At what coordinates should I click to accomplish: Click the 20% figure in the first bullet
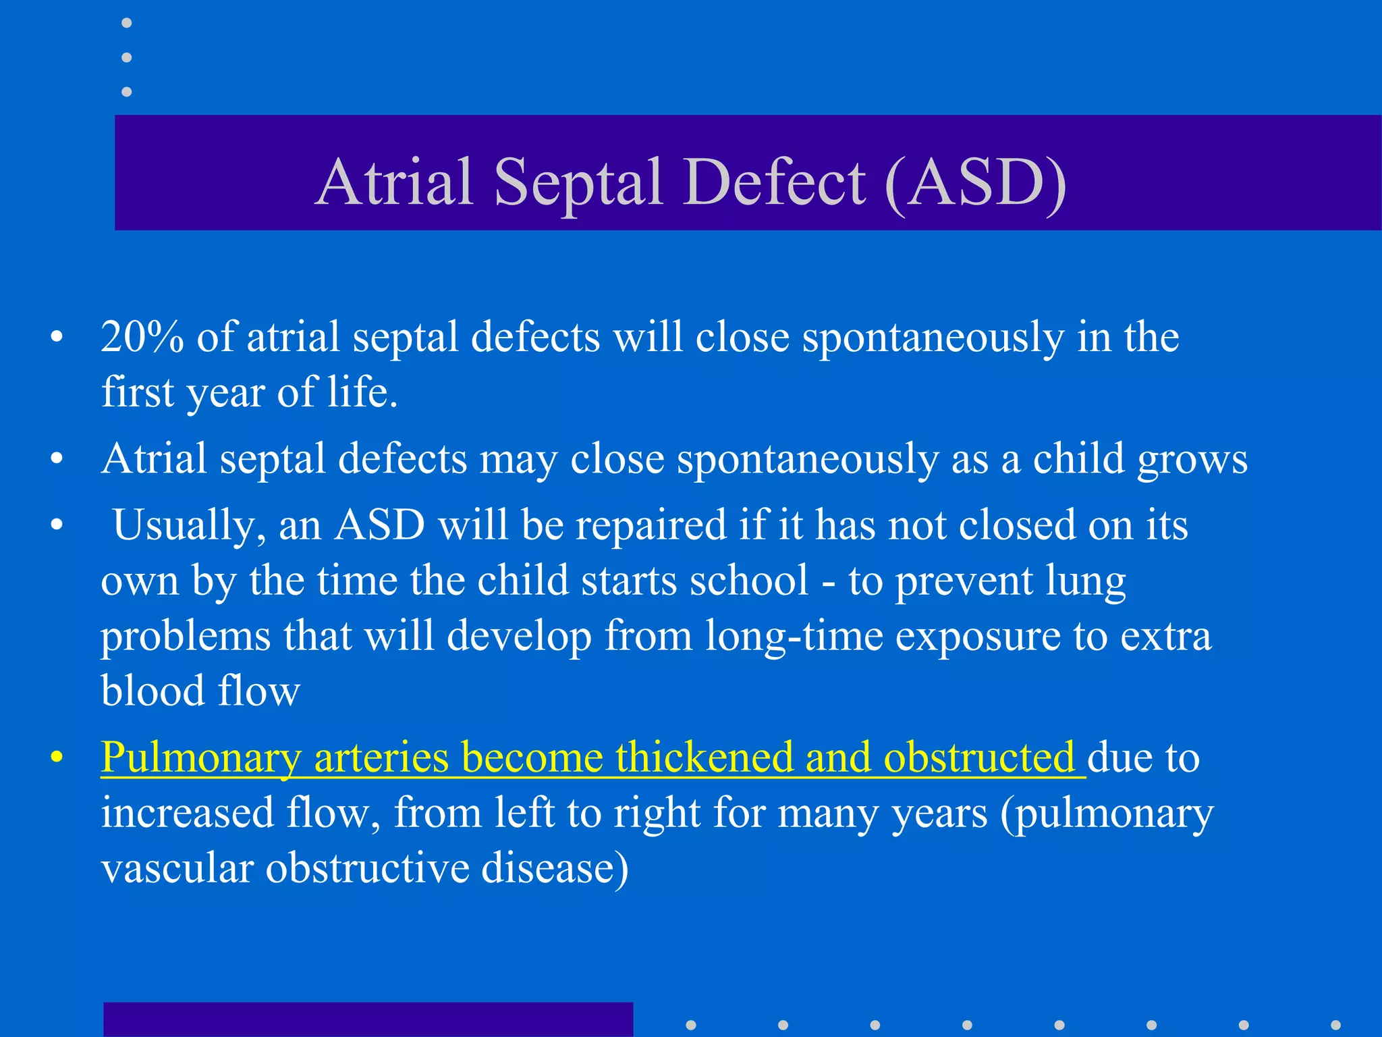(142, 337)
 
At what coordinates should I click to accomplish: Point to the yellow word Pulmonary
(200, 758)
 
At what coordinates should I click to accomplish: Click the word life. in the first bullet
(362, 392)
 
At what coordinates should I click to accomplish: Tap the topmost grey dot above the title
(126, 23)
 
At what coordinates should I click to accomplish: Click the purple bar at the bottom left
(368, 1019)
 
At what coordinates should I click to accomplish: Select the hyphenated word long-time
(794, 636)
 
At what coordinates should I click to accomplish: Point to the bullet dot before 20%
(57, 337)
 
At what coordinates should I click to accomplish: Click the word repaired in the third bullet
(651, 526)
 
